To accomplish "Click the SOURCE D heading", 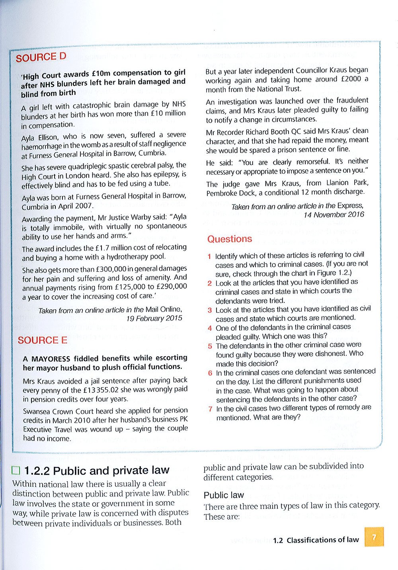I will pos(41,57).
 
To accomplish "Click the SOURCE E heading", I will pos(42,340).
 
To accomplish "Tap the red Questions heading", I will pos(230,239).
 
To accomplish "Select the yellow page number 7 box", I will pos(374,537).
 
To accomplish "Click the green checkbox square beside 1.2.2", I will pos(16,471).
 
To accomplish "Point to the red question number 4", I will pos(210,328).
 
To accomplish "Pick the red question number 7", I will pos(210,409).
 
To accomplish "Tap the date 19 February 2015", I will pos(154,318).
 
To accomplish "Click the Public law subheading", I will pos(224,495).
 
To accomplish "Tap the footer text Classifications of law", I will pos(322,540).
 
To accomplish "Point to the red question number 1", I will pos(209,256).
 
